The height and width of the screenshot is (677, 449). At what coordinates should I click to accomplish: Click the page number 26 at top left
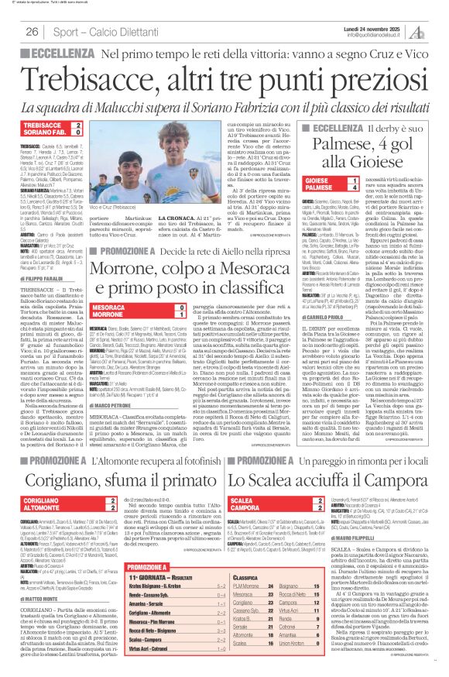33,32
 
